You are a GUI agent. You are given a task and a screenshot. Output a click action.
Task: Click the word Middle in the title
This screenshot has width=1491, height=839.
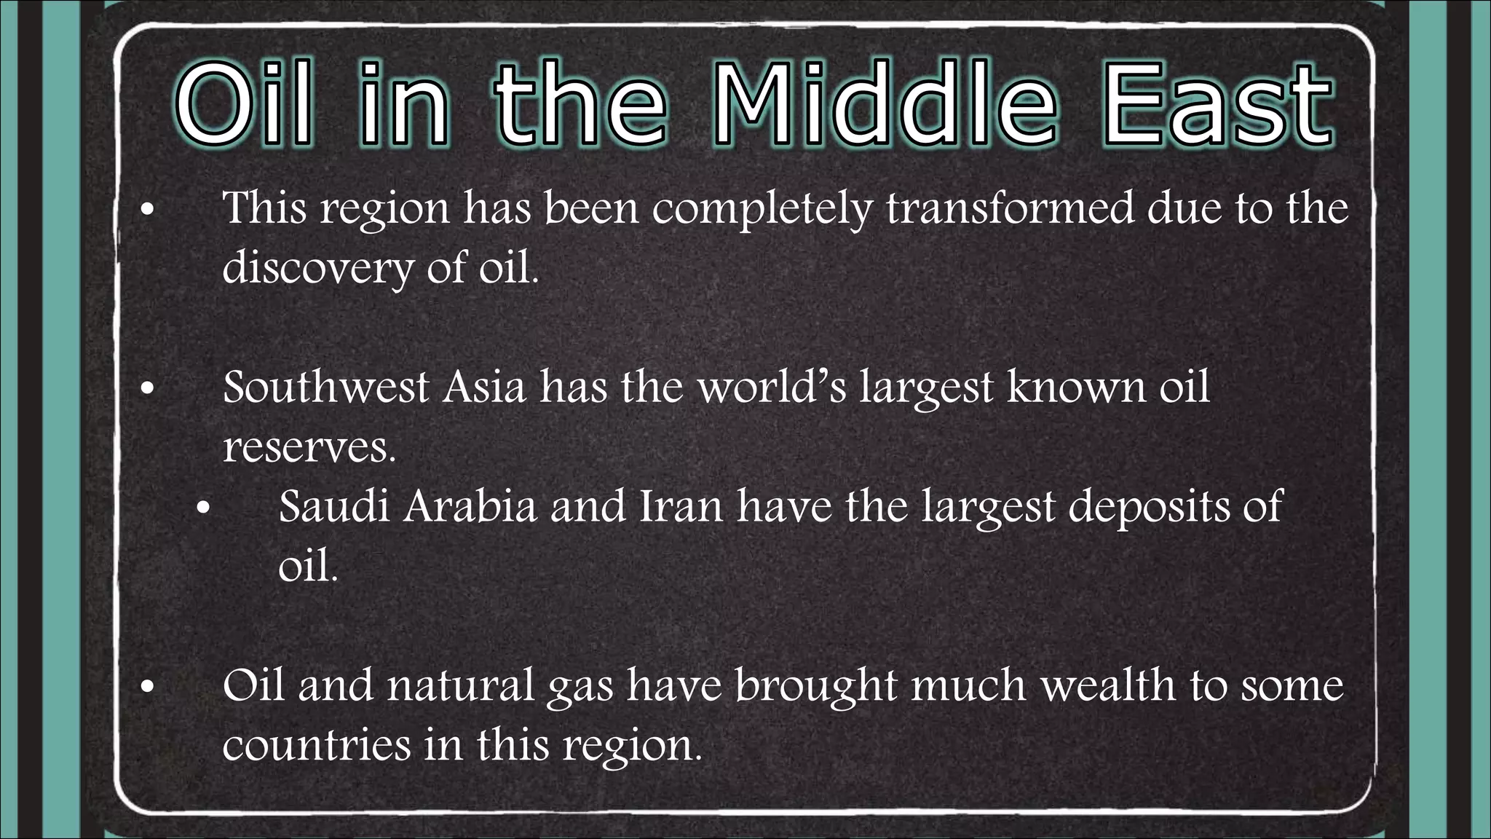(x=884, y=104)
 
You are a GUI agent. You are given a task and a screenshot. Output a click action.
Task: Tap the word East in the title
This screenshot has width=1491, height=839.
(x=1219, y=104)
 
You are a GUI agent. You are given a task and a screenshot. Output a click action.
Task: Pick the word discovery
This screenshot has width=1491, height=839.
(x=317, y=268)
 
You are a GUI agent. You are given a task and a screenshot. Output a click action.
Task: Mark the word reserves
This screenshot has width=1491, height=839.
(x=309, y=447)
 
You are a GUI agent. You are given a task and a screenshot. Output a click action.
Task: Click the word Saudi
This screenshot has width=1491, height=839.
(x=334, y=506)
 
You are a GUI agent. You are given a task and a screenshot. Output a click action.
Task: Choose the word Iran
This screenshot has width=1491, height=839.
(x=681, y=506)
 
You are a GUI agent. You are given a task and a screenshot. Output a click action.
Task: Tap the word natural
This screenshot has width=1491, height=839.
(x=461, y=685)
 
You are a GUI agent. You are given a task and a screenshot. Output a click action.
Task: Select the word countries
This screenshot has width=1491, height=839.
(x=317, y=745)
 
